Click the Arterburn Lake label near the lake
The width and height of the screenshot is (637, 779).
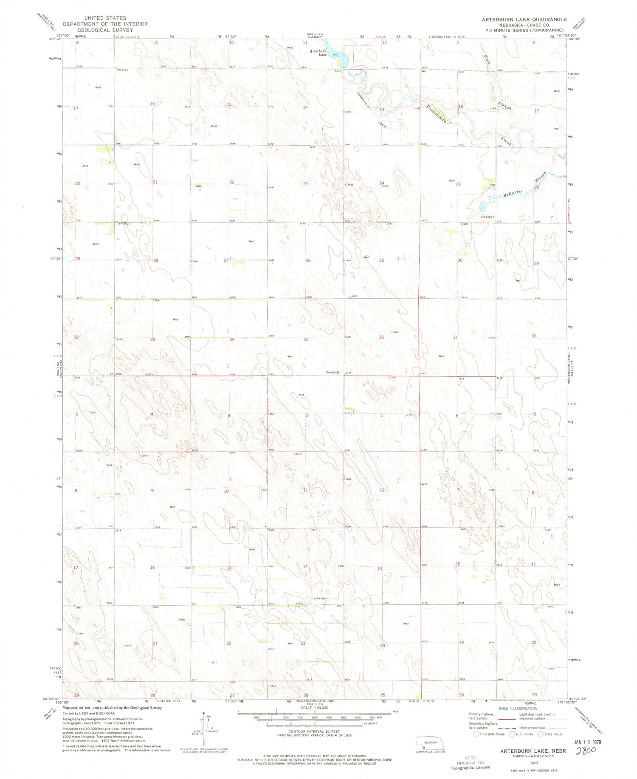pos(318,53)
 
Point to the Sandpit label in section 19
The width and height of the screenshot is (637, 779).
pos(488,217)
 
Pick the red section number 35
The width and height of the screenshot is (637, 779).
pos(305,339)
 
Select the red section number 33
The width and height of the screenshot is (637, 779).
pos(152,339)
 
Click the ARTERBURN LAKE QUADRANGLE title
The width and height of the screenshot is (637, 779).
pos(524,20)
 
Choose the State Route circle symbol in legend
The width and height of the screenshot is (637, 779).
pos(541,734)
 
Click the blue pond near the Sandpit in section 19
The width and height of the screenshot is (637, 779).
pos(482,207)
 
